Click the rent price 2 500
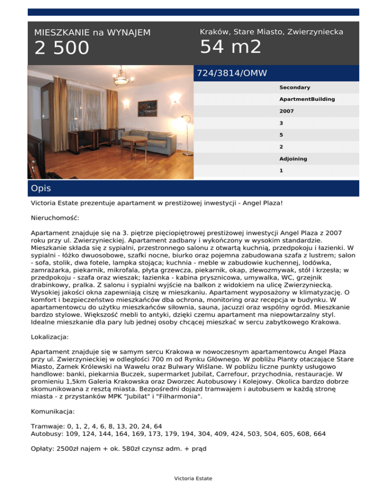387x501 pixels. point(61,48)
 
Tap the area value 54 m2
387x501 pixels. point(230,47)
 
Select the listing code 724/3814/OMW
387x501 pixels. point(231,73)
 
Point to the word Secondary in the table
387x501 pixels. point(294,88)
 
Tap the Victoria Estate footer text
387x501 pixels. point(193,478)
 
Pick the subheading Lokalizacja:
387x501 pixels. point(50,335)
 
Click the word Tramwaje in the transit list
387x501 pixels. point(45,412)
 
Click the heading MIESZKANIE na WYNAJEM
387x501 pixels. point(92,33)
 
